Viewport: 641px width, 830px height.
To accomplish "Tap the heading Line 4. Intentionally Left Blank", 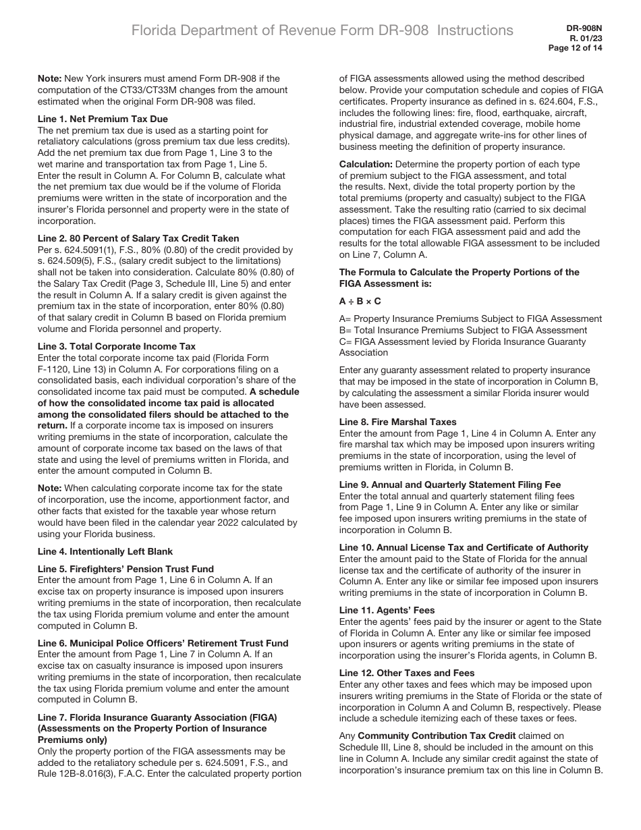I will pos(105,551).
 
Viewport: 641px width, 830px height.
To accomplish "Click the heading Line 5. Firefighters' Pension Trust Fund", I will pos(126,568).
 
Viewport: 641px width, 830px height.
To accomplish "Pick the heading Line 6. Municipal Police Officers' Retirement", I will pos(163,643).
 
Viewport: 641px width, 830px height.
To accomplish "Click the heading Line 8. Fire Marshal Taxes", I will pos(397,422).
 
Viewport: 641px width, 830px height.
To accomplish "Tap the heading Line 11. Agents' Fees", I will pos(387,610).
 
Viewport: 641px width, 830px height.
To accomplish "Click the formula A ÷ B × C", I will pos(360,301).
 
